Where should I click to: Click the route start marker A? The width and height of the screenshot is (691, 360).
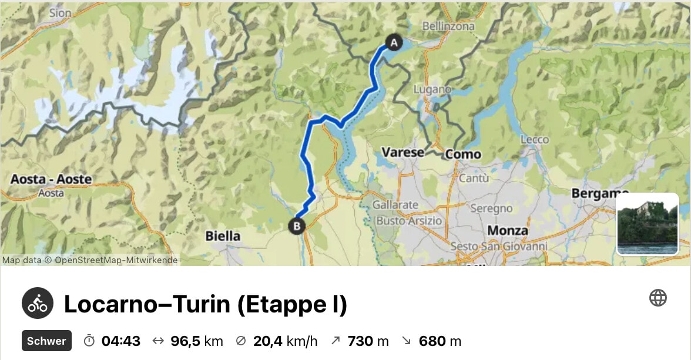(x=394, y=42)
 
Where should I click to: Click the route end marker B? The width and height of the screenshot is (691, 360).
(x=297, y=226)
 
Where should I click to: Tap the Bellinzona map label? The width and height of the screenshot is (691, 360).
(x=448, y=26)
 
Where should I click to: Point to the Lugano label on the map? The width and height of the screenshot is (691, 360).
(x=432, y=90)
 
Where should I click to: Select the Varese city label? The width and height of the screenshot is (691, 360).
(x=402, y=153)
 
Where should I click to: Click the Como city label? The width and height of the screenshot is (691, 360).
(x=463, y=154)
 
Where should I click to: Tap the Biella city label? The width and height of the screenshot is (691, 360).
(x=223, y=236)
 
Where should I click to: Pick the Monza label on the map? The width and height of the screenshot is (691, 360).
(x=508, y=231)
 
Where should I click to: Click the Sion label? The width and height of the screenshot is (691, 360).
(x=60, y=12)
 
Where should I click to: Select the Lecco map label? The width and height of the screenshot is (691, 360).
(x=534, y=140)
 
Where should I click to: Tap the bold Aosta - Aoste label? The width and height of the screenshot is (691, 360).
(x=51, y=179)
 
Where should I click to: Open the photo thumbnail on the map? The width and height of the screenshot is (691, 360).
(x=648, y=224)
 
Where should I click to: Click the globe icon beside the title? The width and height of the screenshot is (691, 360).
(x=658, y=298)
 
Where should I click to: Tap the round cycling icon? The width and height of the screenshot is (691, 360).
(x=38, y=304)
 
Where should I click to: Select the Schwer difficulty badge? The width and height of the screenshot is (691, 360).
(x=46, y=341)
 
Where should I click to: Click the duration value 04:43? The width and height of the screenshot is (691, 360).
(x=120, y=341)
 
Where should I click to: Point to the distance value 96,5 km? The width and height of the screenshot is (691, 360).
(x=196, y=341)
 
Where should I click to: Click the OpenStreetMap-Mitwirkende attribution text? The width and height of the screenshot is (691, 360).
(x=116, y=260)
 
